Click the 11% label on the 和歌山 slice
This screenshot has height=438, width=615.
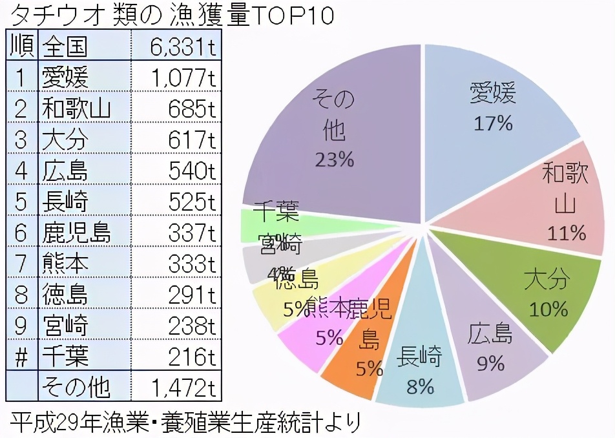(566, 233)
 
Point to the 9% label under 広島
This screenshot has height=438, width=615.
(490, 364)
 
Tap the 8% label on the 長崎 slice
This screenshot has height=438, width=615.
(420, 386)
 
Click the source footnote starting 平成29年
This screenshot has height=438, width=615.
(185, 423)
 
